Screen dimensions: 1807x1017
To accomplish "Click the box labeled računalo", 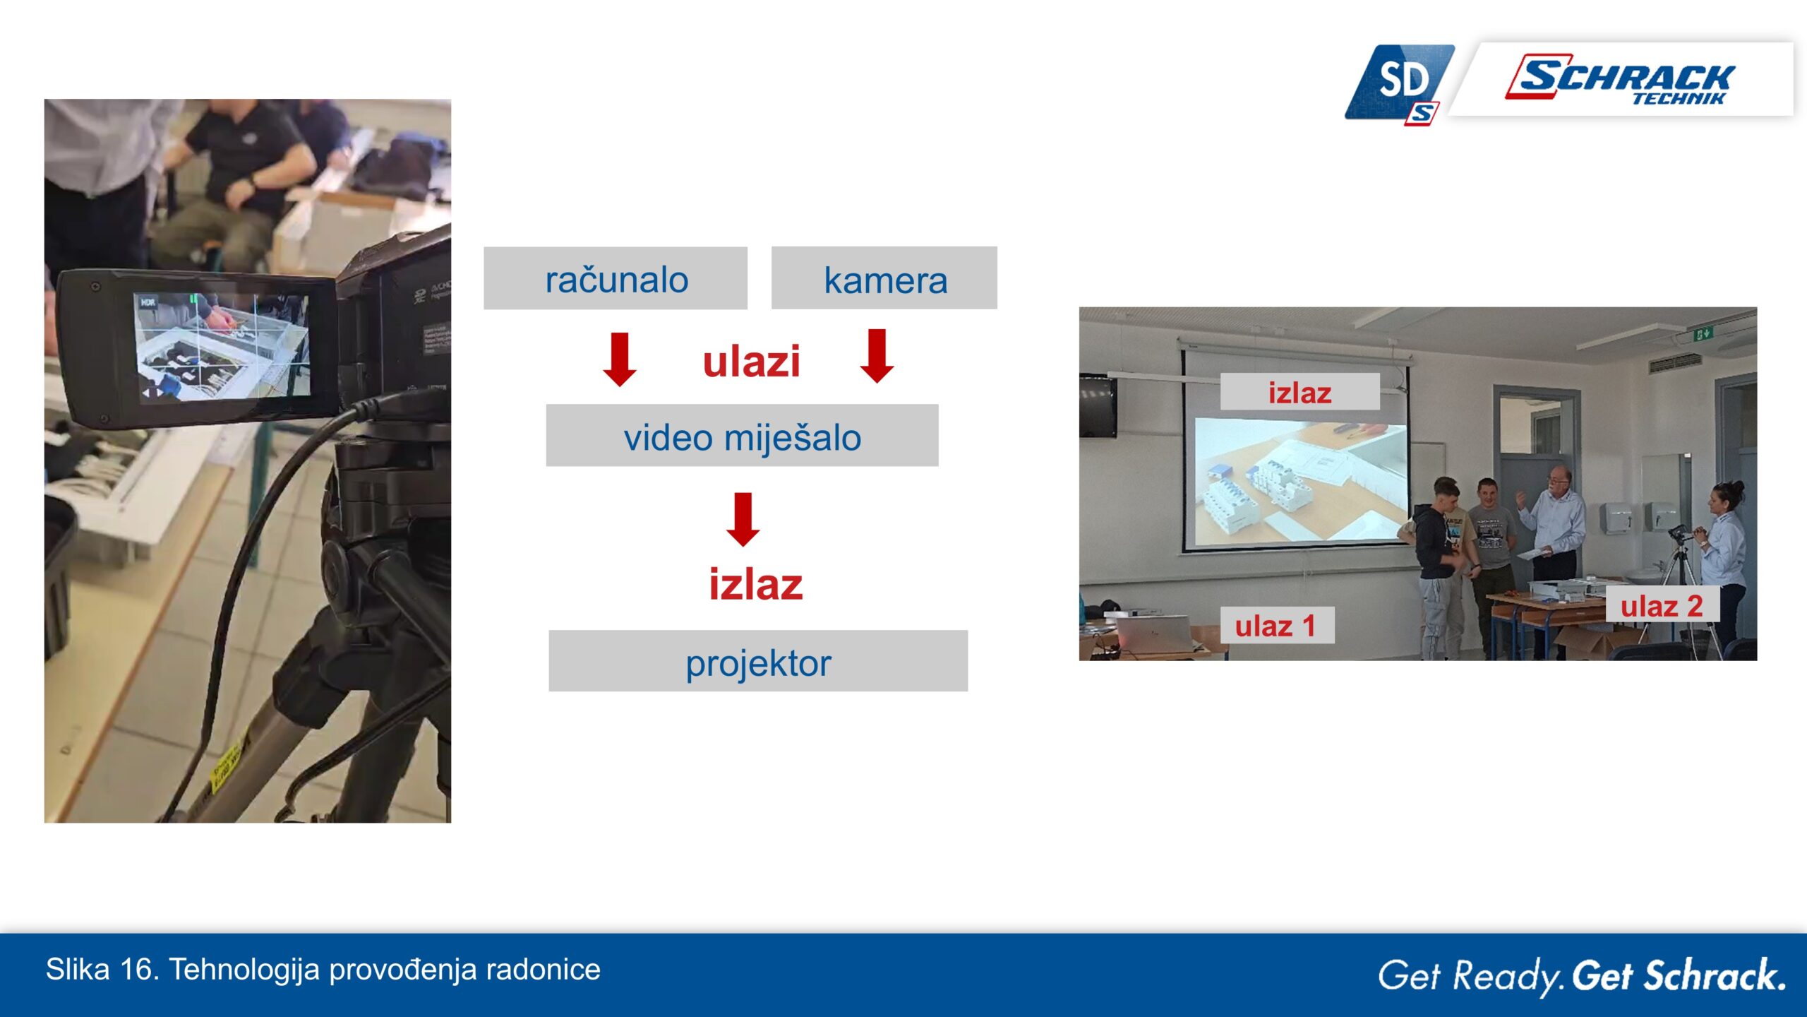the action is [x=615, y=278].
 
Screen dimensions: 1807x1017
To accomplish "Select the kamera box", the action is [x=884, y=278].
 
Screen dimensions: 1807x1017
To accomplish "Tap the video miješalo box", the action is [x=742, y=435].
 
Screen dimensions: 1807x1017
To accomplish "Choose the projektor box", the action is [x=758, y=661].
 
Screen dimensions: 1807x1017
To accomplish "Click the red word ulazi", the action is [x=752, y=362].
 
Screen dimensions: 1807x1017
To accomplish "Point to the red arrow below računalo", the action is [x=620, y=359].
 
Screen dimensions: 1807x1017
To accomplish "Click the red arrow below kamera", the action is [x=877, y=356].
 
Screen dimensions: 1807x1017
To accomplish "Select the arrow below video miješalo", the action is [x=743, y=520].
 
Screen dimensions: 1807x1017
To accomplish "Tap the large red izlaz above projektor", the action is [x=756, y=585].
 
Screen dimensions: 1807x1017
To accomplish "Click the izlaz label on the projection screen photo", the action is [x=1300, y=392].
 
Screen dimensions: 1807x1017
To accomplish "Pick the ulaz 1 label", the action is [x=1277, y=626].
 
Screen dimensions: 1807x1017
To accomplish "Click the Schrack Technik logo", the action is [x=1621, y=79].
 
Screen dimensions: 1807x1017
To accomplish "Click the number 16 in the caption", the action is [x=133, y=970].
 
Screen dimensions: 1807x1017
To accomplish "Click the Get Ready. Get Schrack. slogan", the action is [x=1582, y=975].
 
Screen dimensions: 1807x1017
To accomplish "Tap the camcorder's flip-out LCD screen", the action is [x=222, y=347].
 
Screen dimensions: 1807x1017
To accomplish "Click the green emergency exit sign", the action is [x=1703, y=333].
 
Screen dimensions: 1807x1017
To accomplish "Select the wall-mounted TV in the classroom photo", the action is [x=1098, y=406].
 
